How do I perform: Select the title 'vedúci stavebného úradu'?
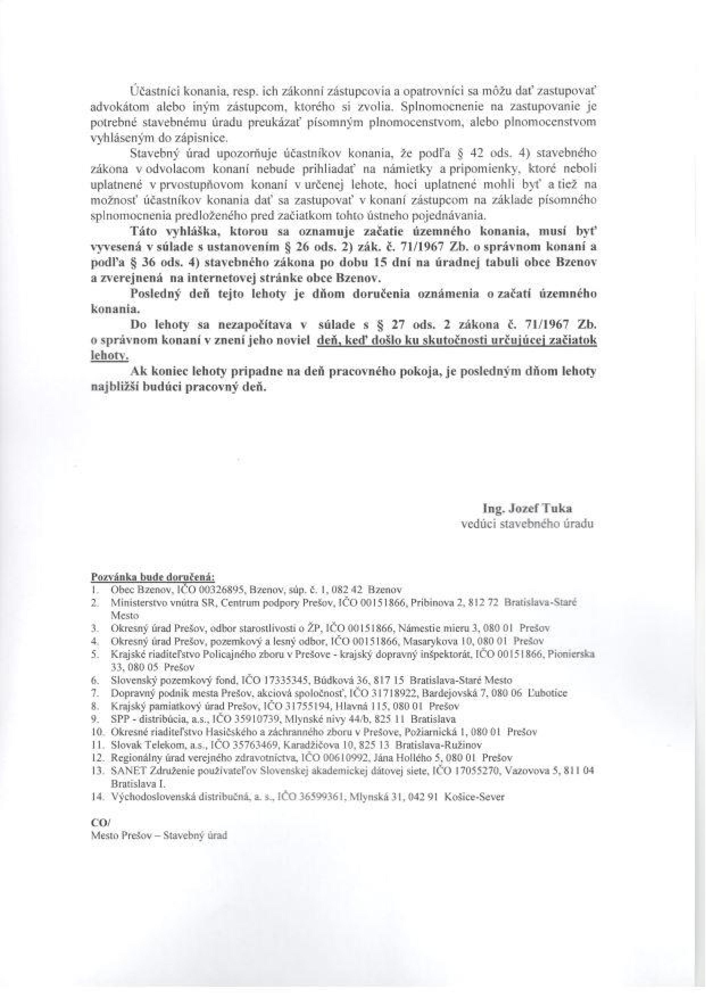[x=527, y=524]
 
